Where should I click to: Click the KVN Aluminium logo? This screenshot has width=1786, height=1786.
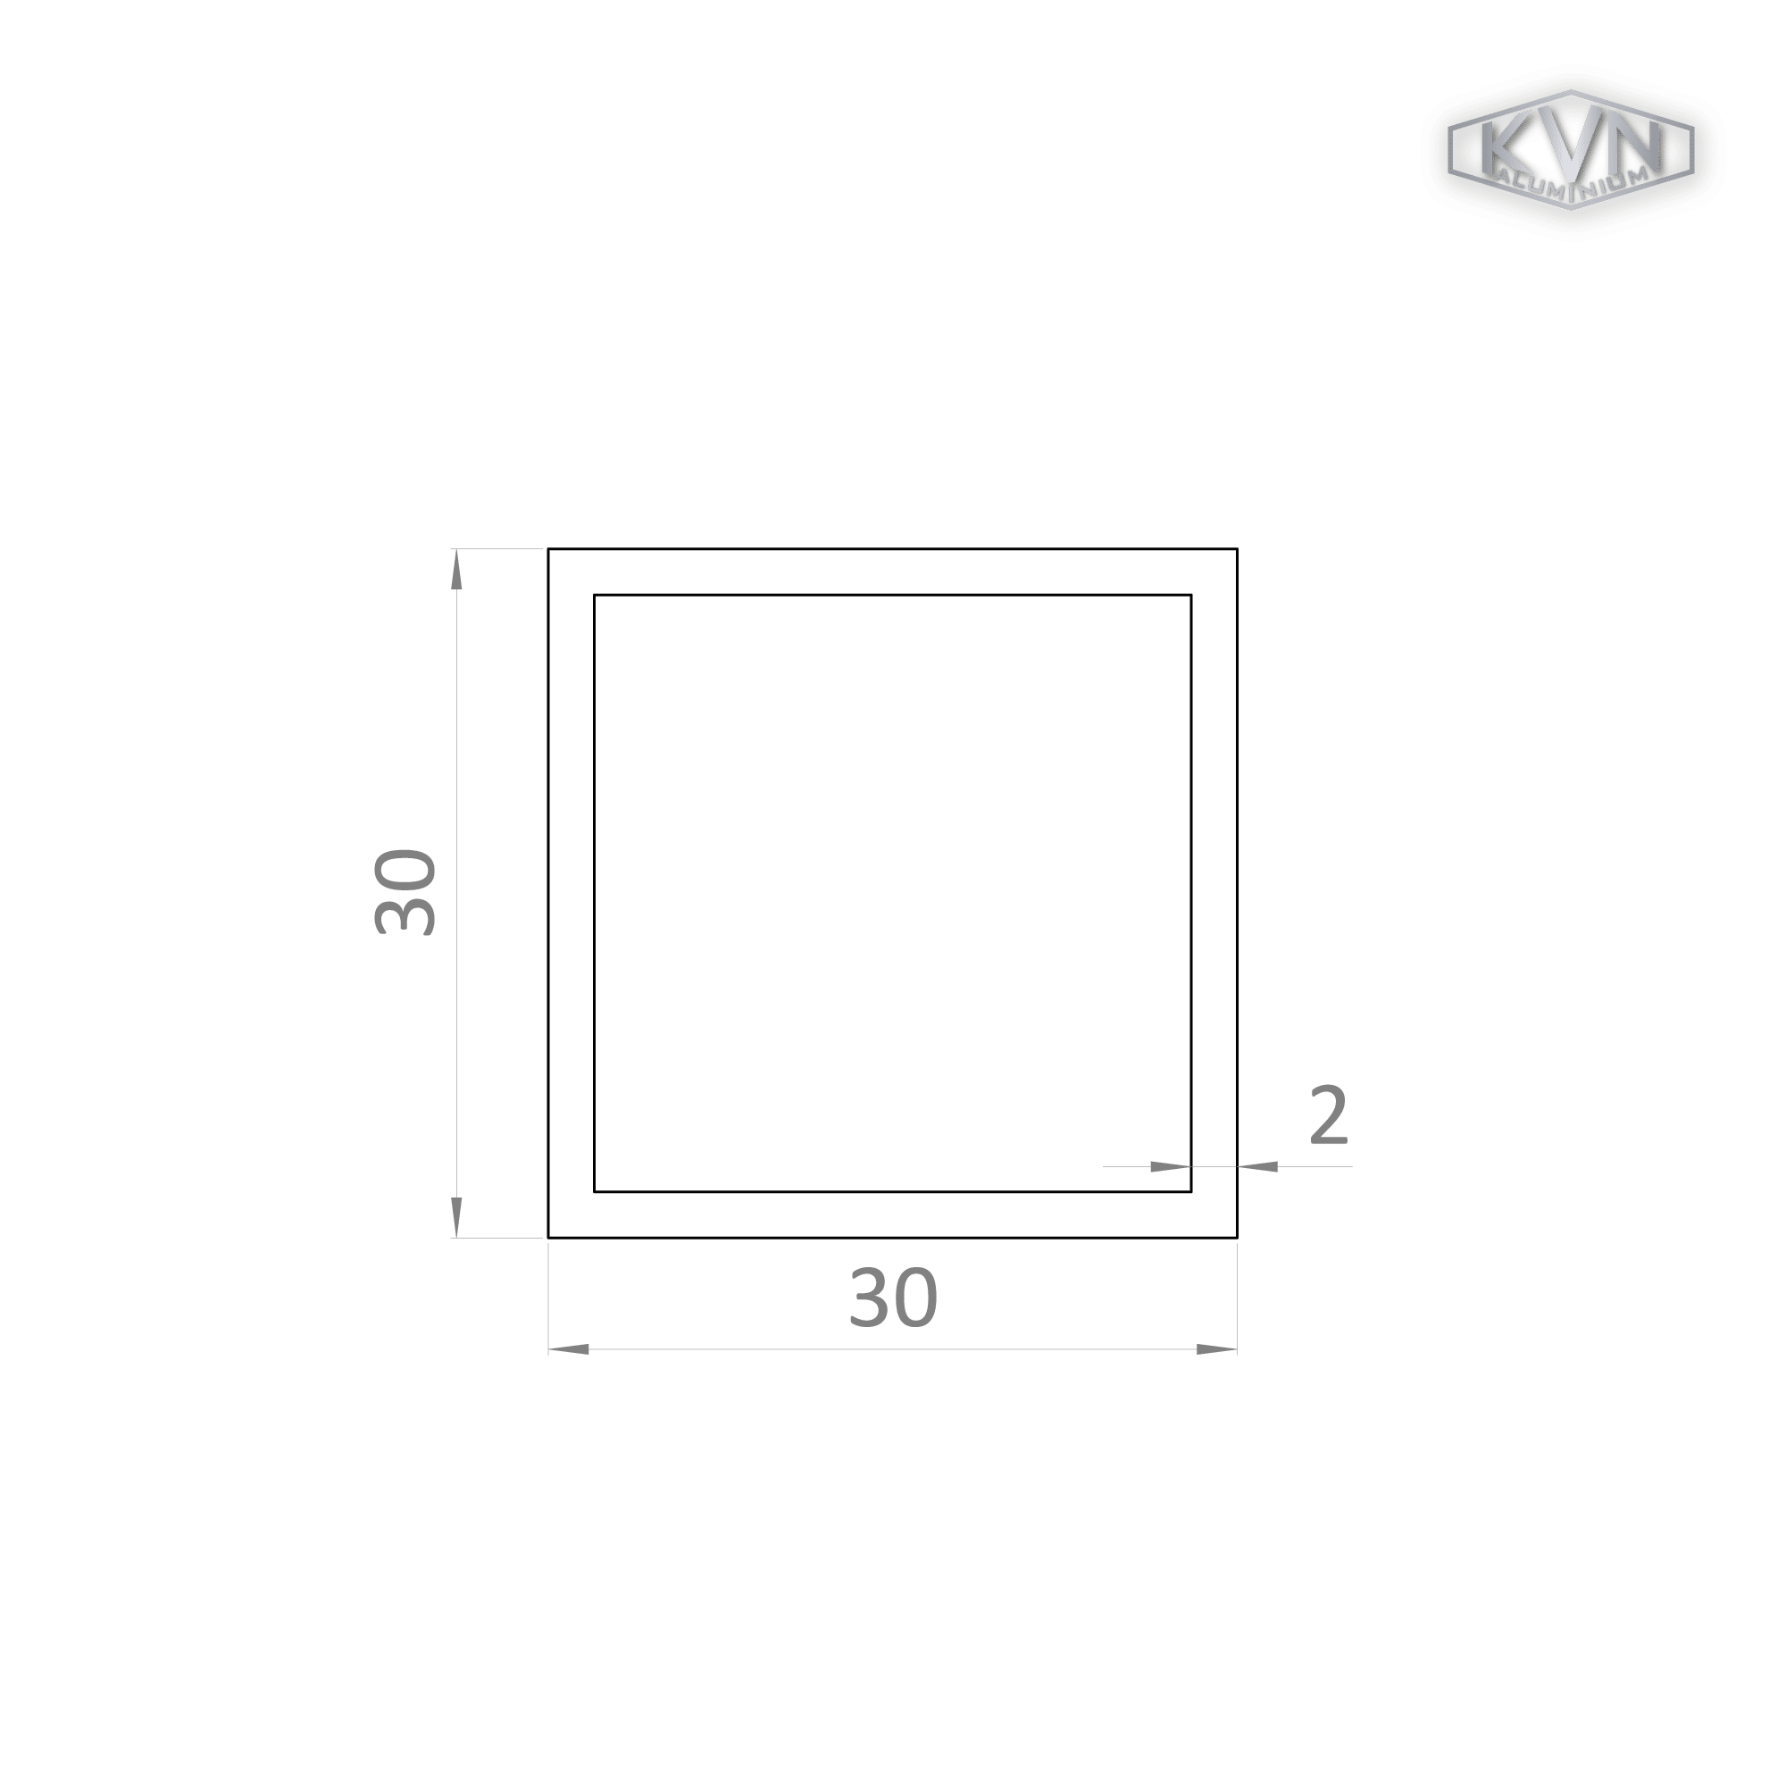[1570, 149]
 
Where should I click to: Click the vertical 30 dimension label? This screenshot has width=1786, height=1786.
[405, 893]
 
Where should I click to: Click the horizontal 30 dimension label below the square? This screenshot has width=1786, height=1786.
[893, 1298]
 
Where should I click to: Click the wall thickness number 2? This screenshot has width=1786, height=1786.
[1329, 1114]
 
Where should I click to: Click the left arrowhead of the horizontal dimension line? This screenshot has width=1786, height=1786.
[569, 1349]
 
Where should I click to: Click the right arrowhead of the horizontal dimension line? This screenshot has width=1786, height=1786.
[1216, 1349]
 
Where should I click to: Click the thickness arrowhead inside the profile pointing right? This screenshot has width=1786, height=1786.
[1171, 1166]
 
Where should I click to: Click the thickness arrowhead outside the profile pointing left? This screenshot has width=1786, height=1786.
[1257, 1166]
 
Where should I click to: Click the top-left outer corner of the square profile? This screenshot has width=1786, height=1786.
[548, 549]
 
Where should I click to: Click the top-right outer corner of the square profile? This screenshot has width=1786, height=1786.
[1237, 549]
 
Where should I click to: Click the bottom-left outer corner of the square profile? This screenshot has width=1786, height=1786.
[548, 1237]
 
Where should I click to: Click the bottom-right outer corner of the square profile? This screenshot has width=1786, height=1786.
[1237, 1237]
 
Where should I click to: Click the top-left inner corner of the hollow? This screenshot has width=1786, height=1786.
[595, 596]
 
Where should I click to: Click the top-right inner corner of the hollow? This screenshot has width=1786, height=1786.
[1190, 596]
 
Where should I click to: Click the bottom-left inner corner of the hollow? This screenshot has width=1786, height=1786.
[595, 1191]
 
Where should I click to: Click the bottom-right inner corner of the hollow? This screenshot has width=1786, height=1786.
[1190, 1191]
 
